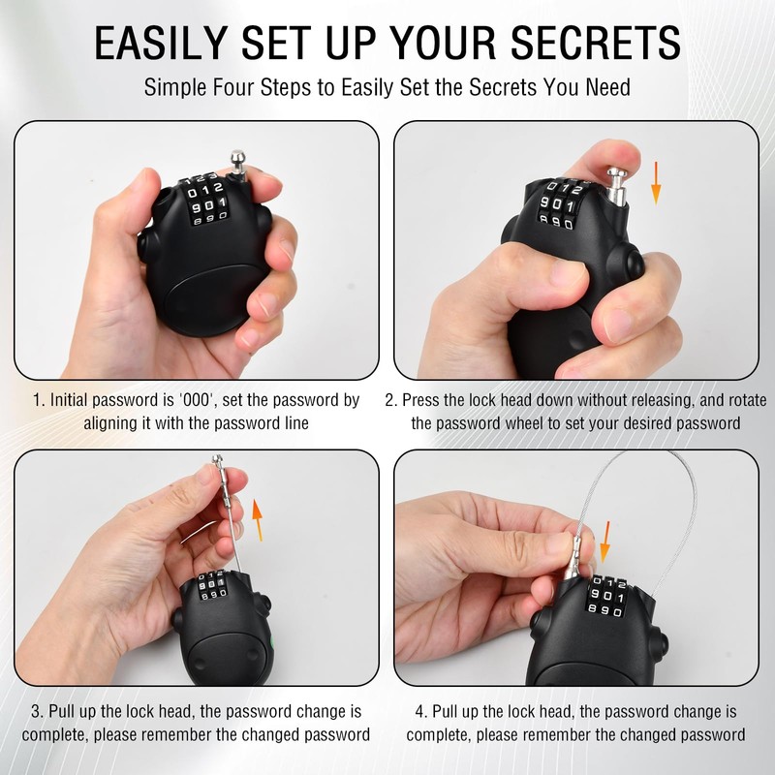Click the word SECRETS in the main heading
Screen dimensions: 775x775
click(596, 43)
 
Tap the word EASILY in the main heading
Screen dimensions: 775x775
click(161, 43)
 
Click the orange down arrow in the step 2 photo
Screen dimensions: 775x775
click(656, 183)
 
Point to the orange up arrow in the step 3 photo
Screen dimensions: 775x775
click(257, 519)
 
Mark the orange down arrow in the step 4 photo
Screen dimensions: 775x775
click(604, 542)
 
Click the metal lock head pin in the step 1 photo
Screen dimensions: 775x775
click(238, 165)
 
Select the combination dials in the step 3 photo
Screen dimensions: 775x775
click(212, 585)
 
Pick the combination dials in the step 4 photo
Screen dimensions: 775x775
click(606, 596)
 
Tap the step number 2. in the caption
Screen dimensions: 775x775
click(391, 400)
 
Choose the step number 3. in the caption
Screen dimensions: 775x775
click(38, 712)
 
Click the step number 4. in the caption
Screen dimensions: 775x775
click(421, 712)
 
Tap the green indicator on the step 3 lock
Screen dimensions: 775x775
click(272, 643)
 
